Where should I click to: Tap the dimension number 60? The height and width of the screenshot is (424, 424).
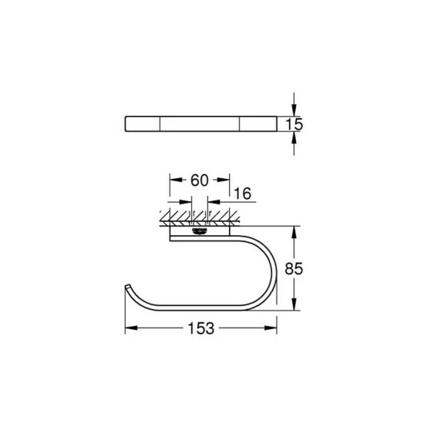point(199,180)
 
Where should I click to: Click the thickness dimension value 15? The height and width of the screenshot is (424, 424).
point(297,123)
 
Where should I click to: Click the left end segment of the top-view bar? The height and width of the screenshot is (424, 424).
point(143,123)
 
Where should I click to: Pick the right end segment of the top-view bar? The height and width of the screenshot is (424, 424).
point(256,123)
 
